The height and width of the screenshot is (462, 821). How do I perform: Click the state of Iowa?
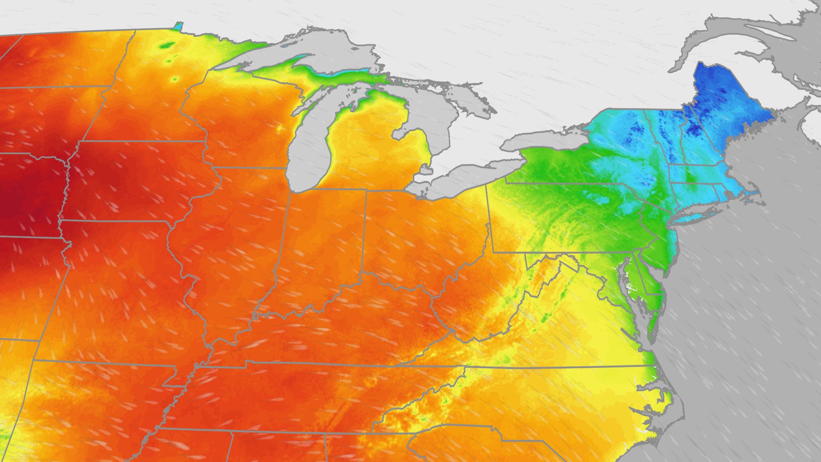(x=137, y=180)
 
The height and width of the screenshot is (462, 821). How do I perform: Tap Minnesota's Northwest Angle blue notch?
(x=179, y=25)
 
